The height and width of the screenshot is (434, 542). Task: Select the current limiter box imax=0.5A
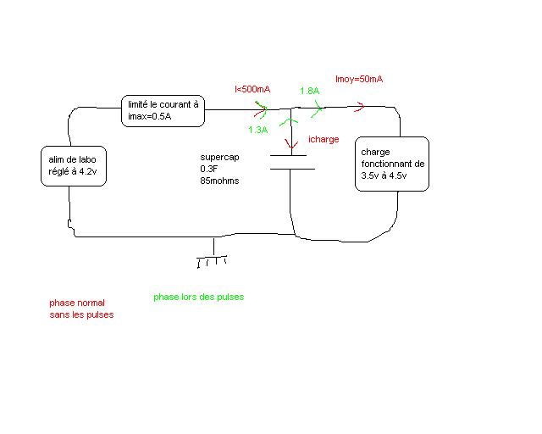[163, 110]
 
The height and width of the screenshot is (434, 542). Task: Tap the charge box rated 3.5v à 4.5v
[392, 164]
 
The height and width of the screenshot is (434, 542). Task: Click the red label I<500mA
[253, 89]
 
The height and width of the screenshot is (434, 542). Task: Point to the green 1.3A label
[257, 130]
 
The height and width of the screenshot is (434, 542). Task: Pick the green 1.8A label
[309, 91]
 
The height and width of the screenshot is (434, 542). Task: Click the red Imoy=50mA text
[359, 80]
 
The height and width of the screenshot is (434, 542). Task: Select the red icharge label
[324, 139]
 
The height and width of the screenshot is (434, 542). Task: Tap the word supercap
[218, 158]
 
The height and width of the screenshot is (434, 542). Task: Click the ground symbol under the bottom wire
[213, 258]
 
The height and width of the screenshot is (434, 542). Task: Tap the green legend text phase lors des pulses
[198, 298]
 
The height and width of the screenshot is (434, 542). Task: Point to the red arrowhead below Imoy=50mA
[360, 107]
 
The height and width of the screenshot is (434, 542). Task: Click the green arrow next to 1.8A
[318, 107]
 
